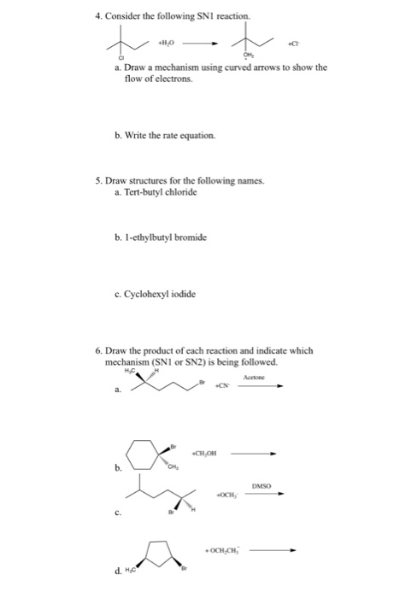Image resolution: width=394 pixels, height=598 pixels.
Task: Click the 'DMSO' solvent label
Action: tap(262, 484)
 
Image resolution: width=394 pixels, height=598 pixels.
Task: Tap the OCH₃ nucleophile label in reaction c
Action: tap(225, 495)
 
